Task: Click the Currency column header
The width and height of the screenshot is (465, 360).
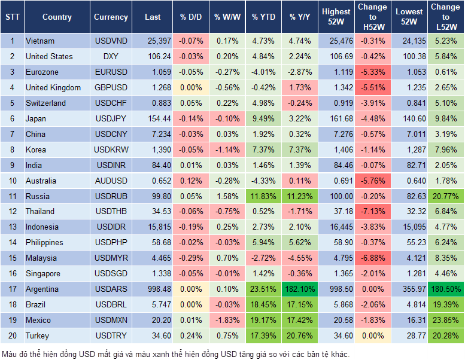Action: [x=111, y=17]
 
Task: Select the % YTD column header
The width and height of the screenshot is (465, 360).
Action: [x=264, y=17]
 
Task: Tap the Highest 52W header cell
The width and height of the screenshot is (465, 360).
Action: [x=336, y=17]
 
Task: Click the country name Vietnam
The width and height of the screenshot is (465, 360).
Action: [x=40, y=41]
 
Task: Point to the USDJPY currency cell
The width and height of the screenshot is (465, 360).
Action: [x=111, y=118]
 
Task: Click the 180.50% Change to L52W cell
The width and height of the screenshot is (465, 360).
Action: [x=446, y=289]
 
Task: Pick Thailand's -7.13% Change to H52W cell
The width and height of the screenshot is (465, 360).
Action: [x=372, y=212]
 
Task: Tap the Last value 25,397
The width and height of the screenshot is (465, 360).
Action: [x=153, y=41]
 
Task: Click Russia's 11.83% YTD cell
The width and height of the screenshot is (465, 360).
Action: [x=264, y=196]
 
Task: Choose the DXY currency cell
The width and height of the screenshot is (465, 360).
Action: [x=111, y=57]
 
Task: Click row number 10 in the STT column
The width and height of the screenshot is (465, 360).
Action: [x=12, y=181]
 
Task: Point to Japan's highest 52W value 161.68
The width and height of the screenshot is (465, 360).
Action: [x=336, y=118]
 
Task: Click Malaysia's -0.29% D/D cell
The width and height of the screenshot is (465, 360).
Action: [x=190, y=258]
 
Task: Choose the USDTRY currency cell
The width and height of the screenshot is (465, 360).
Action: [x=111, y=335]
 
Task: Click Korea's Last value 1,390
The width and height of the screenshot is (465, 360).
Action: [x=153, y=150]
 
